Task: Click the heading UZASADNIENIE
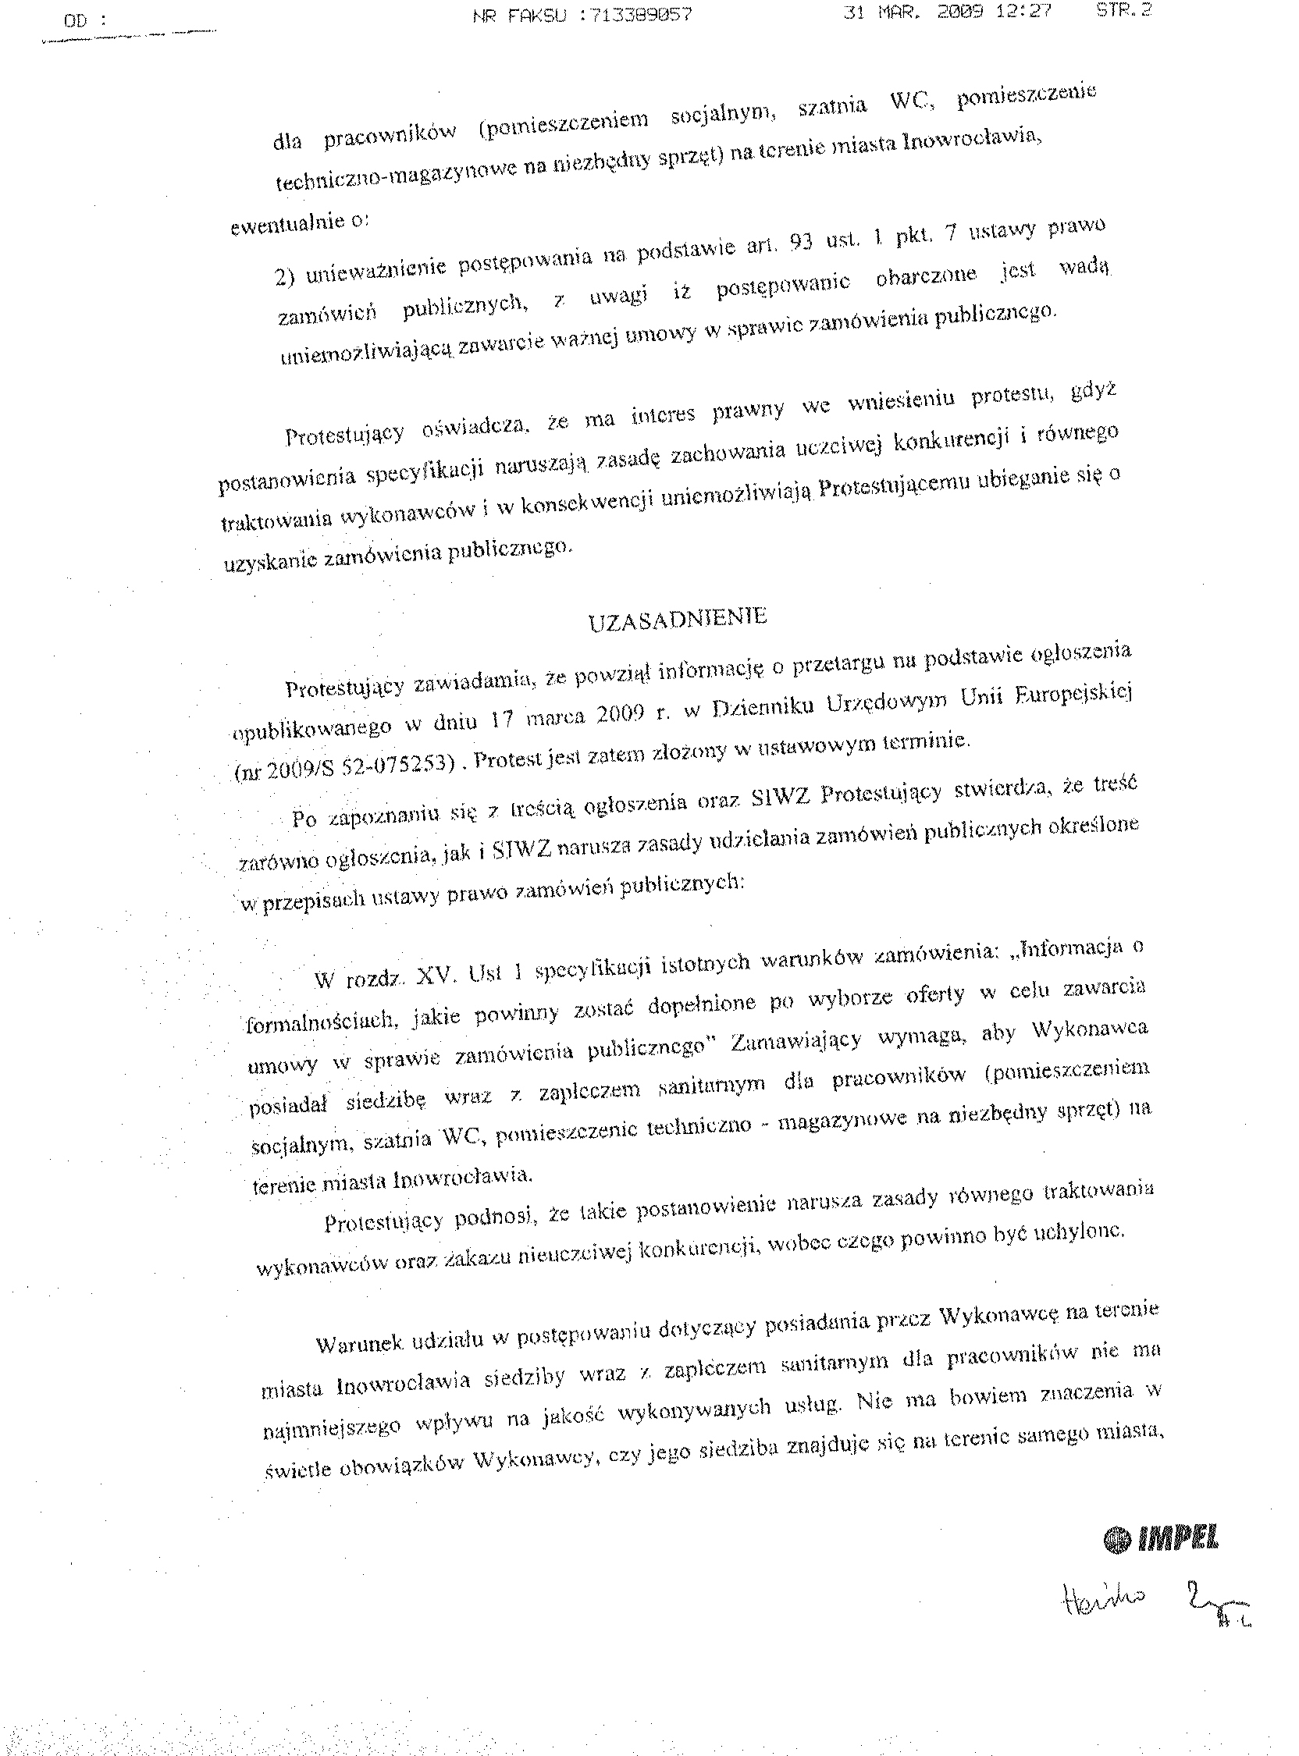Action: coord(678,619)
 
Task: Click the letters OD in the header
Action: coord(76,21)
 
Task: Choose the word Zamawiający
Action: coord(796,1040)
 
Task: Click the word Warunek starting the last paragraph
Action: coord(359,1343)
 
